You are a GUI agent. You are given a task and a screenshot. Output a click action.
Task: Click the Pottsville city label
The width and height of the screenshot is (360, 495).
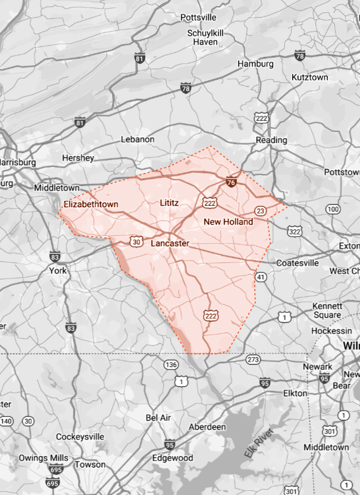198,17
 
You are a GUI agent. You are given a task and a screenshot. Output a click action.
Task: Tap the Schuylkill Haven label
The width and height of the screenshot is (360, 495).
205,37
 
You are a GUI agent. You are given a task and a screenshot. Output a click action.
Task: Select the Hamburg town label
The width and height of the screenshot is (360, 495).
255,64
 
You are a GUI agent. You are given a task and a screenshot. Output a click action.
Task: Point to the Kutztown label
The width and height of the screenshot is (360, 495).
309,77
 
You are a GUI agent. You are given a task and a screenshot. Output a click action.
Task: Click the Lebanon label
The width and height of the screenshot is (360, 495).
137,139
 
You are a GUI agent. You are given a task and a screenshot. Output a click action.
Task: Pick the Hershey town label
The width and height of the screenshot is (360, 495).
78,158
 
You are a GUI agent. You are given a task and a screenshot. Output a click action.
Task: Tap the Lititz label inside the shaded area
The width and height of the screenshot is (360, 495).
169,203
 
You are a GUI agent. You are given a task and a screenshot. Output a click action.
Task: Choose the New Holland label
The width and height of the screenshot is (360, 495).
228,222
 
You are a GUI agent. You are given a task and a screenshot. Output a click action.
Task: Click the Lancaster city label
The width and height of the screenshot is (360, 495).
170,243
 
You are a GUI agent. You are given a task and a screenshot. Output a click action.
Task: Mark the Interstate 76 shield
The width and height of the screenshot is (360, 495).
231,182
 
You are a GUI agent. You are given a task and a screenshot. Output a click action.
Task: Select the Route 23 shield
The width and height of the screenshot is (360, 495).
260,211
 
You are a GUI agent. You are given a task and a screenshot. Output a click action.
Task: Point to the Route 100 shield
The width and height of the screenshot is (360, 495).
333,209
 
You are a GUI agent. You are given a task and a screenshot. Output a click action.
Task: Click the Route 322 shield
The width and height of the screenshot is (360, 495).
294,232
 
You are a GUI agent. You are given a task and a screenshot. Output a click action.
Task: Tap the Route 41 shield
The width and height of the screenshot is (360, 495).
260,277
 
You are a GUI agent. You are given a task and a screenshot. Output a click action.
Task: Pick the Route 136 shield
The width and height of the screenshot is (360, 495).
171,365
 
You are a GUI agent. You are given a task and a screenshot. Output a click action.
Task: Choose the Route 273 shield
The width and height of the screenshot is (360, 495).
253,360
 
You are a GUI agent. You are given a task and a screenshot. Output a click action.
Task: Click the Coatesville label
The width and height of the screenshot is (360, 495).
297,263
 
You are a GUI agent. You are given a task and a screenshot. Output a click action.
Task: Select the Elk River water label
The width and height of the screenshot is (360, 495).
259,443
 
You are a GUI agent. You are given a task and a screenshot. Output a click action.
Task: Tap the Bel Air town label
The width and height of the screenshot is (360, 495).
158,418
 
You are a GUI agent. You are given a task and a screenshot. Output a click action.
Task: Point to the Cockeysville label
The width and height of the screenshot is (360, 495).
80,437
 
